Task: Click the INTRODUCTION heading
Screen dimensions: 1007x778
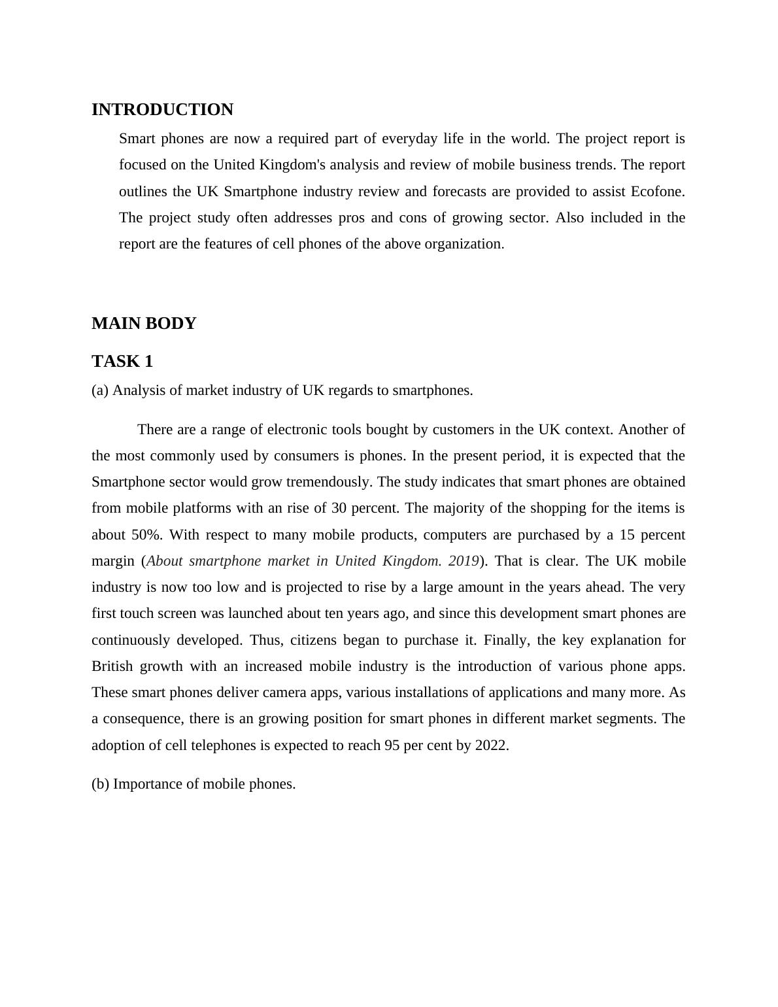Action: [162, 110]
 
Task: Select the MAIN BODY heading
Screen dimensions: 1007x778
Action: [144, 324]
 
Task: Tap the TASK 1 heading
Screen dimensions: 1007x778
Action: [122, 362]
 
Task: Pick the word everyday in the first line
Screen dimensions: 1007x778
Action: [409, 139]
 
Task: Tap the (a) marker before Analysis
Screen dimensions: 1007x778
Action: [100, 390]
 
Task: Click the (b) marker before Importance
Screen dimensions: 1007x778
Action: [100, 784]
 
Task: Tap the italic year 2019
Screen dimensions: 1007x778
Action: [464, 561]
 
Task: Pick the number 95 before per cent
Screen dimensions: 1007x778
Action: [392, 745]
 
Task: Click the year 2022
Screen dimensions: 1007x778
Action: [491, 745]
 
